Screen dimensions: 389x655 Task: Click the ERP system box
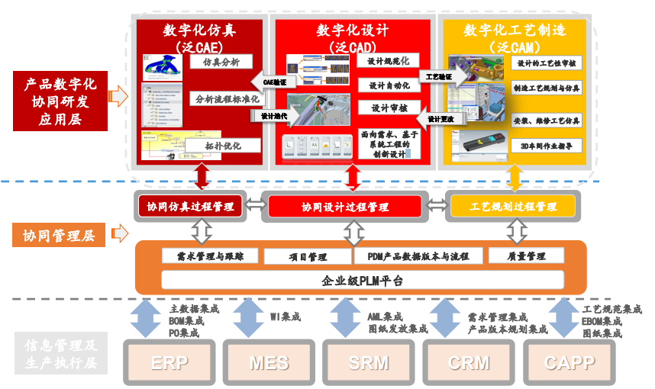pos(169,362)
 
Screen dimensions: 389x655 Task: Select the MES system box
pos(269,362)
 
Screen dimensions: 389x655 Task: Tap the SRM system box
pos(369,362)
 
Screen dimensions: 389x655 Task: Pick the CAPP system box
pos(569,362)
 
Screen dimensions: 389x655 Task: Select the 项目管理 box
pos(307,257)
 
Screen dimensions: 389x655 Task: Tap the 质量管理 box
pos(526,257)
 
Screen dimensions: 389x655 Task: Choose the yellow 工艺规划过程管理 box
pos(513,206)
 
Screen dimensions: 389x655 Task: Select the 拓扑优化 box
pos(223,145)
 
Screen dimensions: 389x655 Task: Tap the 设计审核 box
pos(388,108)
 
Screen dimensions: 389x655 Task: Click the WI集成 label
pos(286,317)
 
